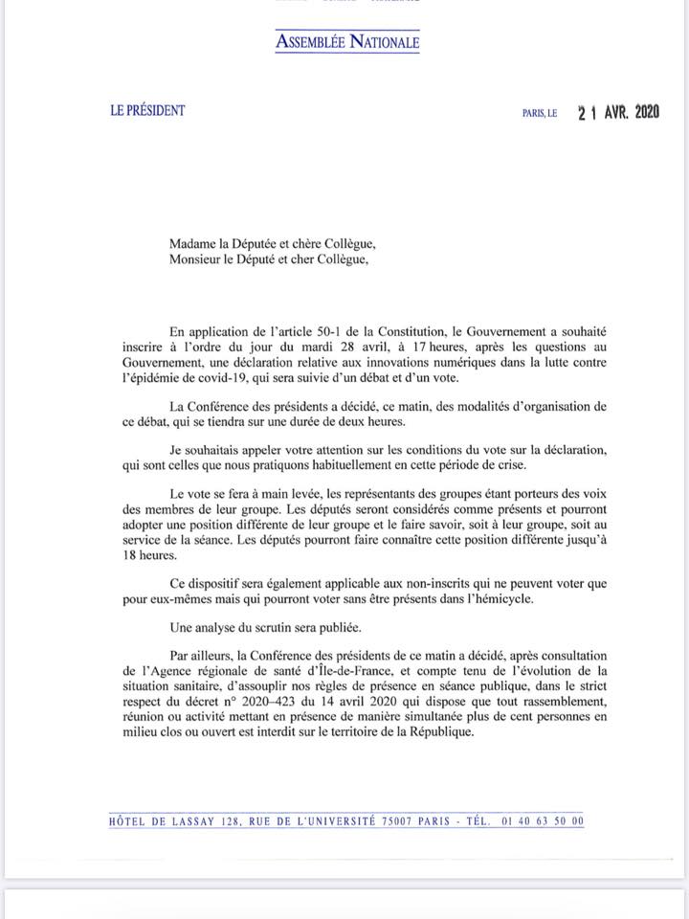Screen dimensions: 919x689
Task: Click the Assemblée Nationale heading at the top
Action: click(347, 41)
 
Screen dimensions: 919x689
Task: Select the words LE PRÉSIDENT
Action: click(147, 110)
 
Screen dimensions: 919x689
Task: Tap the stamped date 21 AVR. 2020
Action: click(618, 112)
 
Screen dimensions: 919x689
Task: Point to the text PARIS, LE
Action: click(540, 113)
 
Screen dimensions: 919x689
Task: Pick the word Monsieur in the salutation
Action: click(199, 259)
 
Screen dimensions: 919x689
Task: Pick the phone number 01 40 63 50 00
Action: click(542, 820)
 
